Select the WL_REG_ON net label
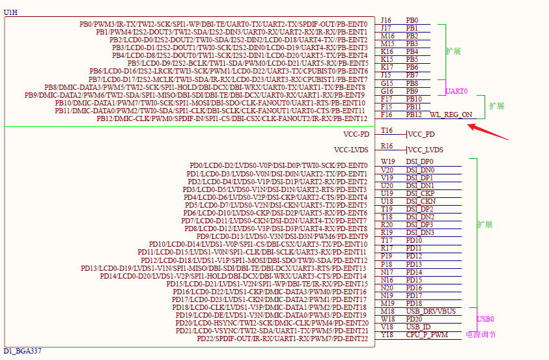(x=451, y=115)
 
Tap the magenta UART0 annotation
(x=457, y=91)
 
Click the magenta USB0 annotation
(x=485, y=319)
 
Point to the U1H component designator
(x=10, y=12)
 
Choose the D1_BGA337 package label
(x=22, y=351)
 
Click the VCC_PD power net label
(x=421, y=134)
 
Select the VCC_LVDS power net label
(x=425, y=150)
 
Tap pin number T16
(x=387, y=130)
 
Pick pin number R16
(x=387, y=146)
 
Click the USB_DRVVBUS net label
(x=430, y=311)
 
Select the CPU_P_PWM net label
(x=427, y=335)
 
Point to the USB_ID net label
(x=418, y=327)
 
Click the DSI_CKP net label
(x=420, y=193)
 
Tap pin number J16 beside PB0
(x=386, y=20)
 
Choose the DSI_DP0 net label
(x=419, y=161)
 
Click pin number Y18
(x=387, y=335)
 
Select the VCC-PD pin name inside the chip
(x=356, y=134)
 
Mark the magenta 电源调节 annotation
(x=481, y=335)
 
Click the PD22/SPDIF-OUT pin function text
(x=282, y=339)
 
